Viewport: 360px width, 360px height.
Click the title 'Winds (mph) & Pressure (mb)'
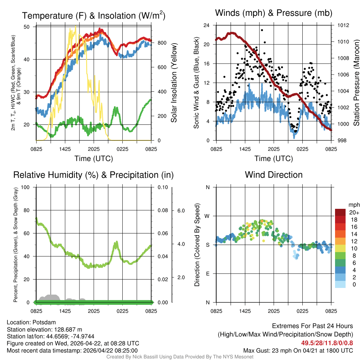pos(274,13)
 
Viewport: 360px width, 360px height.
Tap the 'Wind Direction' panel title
pos(274,175)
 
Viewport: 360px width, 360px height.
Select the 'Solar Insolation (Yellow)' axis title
pos(174,83)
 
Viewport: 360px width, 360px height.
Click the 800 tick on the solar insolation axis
pos(162,43)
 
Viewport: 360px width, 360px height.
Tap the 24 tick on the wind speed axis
pos(207,25)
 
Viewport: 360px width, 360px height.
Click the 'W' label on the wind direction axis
pos(207,216)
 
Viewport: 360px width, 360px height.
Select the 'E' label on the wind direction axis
pos(208,274)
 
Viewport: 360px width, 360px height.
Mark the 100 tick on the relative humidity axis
pos(25,187)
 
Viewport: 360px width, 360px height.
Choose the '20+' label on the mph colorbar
pos(354,212)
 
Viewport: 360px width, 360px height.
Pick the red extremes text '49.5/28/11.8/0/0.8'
pos(327,342)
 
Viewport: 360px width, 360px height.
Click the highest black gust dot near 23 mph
pos(262,30)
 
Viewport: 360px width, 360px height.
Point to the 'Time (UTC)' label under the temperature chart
pos(94,159)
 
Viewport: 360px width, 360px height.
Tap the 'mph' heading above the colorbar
pos(353,205)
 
